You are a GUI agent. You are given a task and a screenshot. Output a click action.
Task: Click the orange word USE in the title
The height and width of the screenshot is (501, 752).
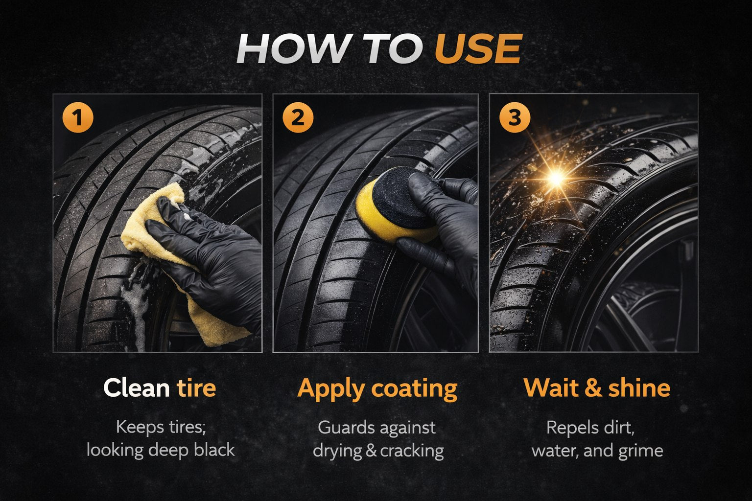(x=478, y=50)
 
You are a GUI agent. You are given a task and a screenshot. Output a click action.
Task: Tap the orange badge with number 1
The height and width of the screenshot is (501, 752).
(x=78, y=118)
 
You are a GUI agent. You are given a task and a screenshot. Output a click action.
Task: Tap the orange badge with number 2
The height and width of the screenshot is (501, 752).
(x=298, y=118)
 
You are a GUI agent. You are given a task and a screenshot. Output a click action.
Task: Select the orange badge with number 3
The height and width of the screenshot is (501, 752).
(x=514, y=118)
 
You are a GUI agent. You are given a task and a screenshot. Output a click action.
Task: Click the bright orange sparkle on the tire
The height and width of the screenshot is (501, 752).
(x=556, y=178)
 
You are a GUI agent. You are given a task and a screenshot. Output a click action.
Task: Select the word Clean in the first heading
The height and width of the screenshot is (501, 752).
(x=136, y=388)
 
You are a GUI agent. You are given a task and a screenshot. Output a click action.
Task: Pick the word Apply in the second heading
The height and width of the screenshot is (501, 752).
(x=331, y=389)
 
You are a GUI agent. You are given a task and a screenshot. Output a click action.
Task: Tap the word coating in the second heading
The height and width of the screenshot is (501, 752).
(x=414, y=389)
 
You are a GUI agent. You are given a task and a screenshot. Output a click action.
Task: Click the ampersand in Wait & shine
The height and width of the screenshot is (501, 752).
(x=593, y=388)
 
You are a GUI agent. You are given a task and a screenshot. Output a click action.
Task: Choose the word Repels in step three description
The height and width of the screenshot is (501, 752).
(x=568, y=427)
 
